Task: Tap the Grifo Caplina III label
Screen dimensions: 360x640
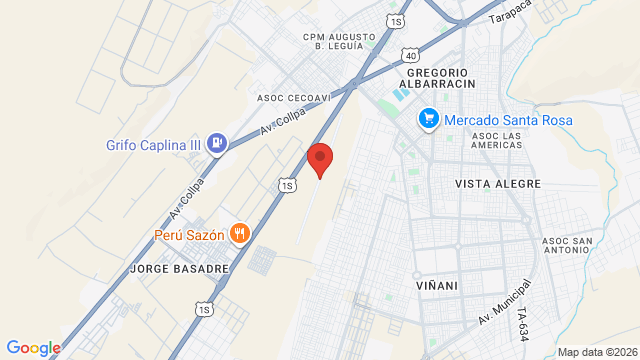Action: [x=154, y=144]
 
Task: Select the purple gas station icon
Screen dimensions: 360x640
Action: [x=217, y=144]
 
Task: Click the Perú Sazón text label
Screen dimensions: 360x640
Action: [x=188, y=235]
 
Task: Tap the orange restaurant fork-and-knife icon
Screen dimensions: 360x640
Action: [x=239, y=234]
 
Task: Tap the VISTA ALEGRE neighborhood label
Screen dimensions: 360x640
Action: [x=497, y=184]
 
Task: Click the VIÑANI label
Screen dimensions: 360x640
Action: [x=437, y=286]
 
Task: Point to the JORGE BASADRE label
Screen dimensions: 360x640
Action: [x=180, y=269]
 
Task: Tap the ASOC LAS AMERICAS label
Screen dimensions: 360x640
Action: [x=497, y=140]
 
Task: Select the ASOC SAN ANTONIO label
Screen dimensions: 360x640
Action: [x=568, y=247]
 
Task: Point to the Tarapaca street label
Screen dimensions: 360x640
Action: [x=509, y=12]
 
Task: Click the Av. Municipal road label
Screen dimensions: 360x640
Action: [x=504, y=302]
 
